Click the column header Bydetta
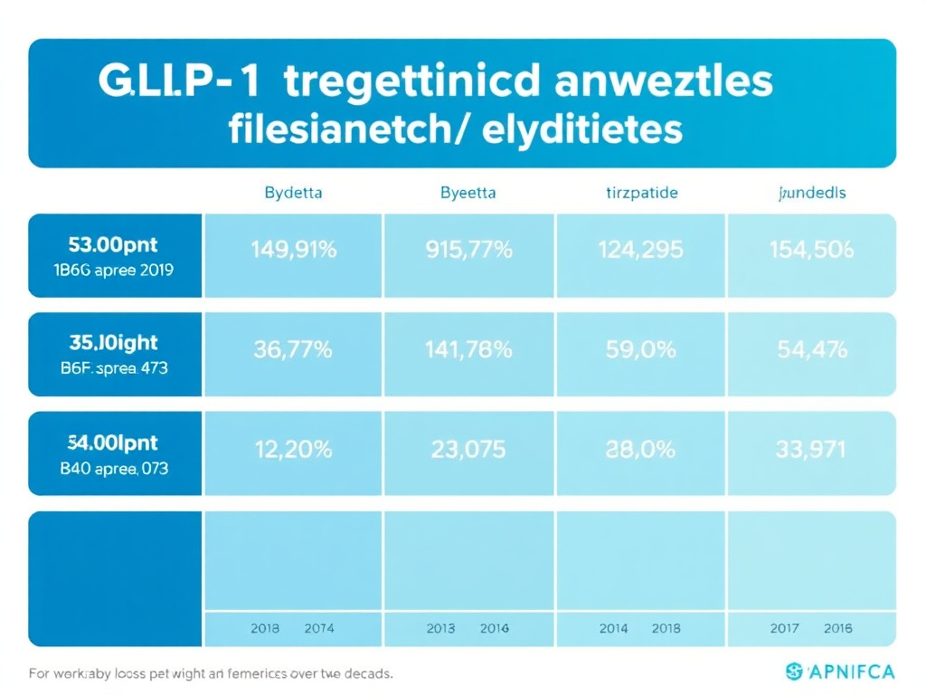[x=293, y=193]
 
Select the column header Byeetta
[x=468, y=193]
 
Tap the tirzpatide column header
[x=641, y=193]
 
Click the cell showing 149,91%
[x=293, y=251]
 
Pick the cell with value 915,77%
[x=468, y=251]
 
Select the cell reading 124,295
[x=641, y=251]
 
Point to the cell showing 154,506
[x=811, y=251]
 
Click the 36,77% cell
[x=293, y=349]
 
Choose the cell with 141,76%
[x=468, y=349]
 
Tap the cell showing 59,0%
[x=641, y=349]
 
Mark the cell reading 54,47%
[x=811, y=349]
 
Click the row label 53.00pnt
[x=113, y=243]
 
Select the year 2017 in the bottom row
[x=784, y=628]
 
